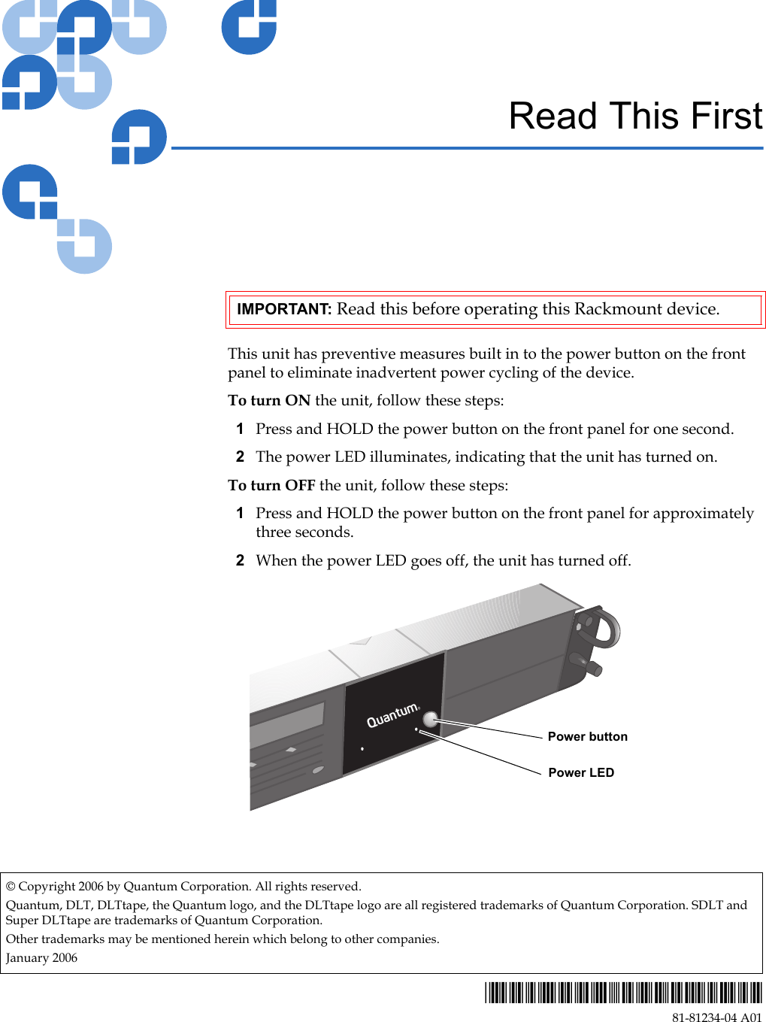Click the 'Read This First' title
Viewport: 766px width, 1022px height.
[635, 117]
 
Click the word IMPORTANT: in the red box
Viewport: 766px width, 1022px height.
[283, 309]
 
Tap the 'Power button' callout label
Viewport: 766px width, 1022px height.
[587, 736]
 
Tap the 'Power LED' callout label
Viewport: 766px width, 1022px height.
[581, 772]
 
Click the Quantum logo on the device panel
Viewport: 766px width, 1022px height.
[392, 715]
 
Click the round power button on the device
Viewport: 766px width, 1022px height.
[430, 720]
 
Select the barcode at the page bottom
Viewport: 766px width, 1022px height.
[622, 993]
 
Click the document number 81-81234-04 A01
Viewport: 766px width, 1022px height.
[716, 1017]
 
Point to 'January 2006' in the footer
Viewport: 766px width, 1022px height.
[41, 957]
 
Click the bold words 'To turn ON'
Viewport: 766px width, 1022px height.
[269, 400]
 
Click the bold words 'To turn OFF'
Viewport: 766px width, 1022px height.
[271, 485]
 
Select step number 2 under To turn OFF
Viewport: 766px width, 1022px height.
[240, 560]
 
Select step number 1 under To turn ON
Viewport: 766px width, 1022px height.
[240, 429]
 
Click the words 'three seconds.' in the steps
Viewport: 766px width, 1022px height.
[304, 532]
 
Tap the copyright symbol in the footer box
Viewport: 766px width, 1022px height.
[11, 886]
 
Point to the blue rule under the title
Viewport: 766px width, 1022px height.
[466, 148]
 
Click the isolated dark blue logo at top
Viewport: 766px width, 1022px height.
[249, 26]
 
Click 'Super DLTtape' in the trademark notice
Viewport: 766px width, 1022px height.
[48, 920]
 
